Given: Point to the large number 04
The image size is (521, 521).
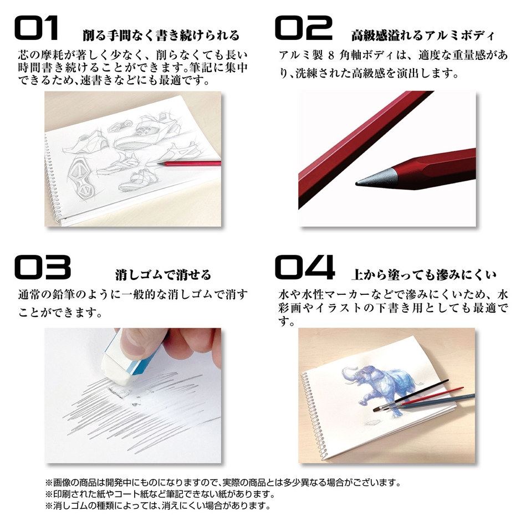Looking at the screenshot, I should point(305,268).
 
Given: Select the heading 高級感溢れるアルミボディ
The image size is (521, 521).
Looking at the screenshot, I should point(422,36).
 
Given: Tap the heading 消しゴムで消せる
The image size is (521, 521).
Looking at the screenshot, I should point(163,274).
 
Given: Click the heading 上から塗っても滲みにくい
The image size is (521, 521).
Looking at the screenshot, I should point(423,274).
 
